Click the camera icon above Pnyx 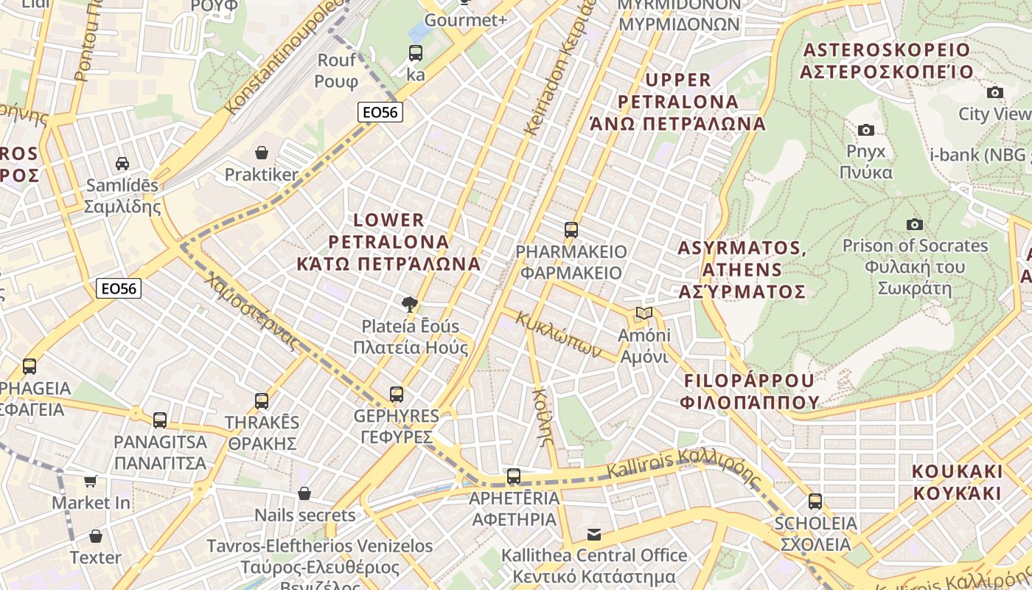(x=866, y=131)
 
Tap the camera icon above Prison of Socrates (x=915, y=224)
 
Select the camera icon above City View (x=995, y=93)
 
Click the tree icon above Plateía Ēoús (x=410, y=304)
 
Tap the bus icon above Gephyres (x=397, y=395)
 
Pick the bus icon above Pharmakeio (x=571, y=230)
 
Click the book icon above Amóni (x=644, y=313)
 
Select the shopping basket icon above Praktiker (x=262, y=153)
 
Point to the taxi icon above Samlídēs (x=122, y=163)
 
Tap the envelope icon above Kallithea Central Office (x=594, y=534)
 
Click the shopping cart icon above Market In (x=91, y=481)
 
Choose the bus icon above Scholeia (x=815, y=502)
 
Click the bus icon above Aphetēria (x=514, y=476)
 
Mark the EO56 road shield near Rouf (x=380, y=112)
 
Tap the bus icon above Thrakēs (x=262, y=401)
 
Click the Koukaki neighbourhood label (x=957, y=482)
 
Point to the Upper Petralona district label (x=678, y=101)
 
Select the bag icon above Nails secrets (x=304, y=493)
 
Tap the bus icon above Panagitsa (x=160, y=420)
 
